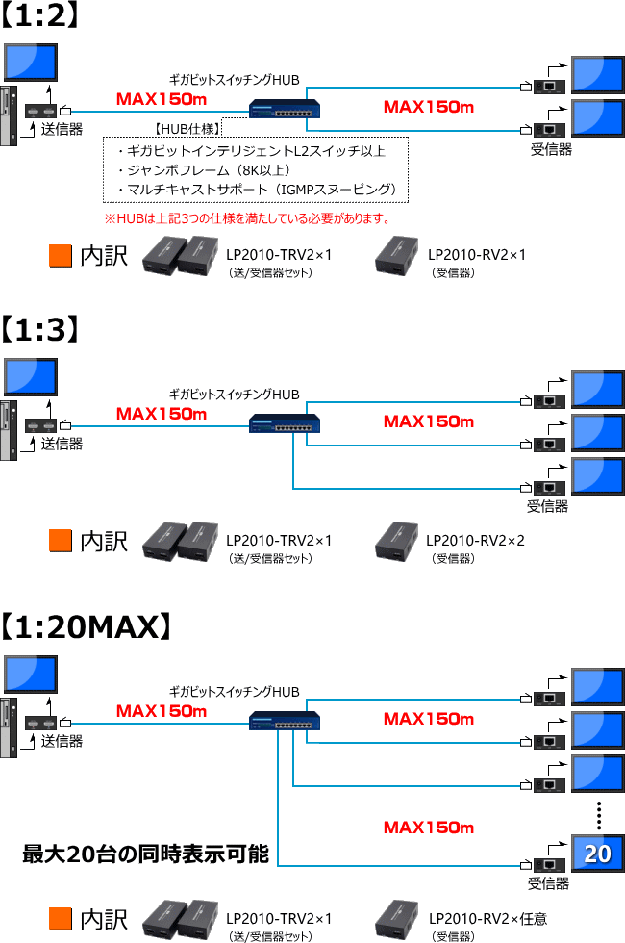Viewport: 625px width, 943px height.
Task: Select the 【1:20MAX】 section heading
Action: tap(87, 627)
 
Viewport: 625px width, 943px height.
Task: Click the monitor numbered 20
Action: tap(598, 854)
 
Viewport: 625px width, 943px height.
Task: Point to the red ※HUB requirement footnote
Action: tap(246, 218)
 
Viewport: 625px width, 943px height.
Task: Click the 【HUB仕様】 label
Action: tap(187, 128)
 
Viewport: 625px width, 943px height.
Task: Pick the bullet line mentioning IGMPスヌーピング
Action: tap(256, 190)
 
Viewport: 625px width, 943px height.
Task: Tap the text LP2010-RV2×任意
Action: tap(487, 919)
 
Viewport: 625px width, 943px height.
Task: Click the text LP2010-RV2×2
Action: tap(475, 541)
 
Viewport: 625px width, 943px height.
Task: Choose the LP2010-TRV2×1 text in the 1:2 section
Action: tap(279, 255)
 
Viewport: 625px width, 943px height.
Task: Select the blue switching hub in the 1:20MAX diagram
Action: tap(285, 721)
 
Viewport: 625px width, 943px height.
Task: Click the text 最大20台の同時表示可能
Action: tap(145, 854)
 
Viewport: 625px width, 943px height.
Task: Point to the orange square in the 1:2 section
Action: tap(61, 255)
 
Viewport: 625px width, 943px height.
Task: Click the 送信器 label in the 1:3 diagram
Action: tap(62, 444)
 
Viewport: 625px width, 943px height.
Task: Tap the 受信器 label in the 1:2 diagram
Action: tap(551, 149)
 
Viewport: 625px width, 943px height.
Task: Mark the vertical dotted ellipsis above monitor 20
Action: tap(598, 816)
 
